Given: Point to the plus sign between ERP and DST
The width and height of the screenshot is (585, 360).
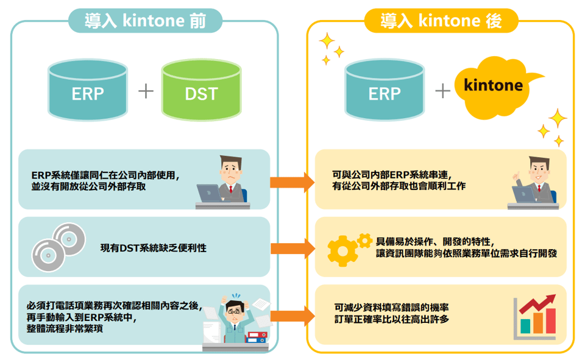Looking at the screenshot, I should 145,92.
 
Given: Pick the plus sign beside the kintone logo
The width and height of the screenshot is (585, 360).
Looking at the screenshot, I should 442,92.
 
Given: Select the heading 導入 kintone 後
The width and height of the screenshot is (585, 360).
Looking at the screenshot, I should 441,22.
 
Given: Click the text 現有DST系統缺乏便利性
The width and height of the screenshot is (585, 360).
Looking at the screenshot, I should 154,248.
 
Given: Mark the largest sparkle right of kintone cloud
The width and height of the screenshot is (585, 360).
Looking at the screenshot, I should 557,118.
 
